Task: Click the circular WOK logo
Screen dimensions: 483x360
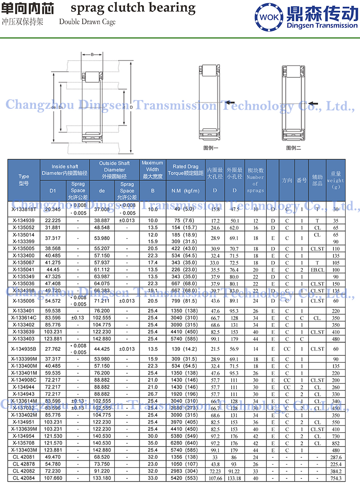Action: pyautogui.click(x=269, y=17)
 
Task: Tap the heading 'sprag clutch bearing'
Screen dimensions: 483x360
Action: pyautogui.click(x=133, y=8)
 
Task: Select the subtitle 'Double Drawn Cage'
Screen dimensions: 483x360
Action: pyautogui.click(x=87, y=22)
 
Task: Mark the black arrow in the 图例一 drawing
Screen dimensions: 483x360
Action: pyautogui.click(x=229, y=103)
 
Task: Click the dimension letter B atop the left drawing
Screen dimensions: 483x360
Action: pyautogui.click(x=92, y=54)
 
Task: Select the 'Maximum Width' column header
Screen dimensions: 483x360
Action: pyautogui.click(x=153, y=170)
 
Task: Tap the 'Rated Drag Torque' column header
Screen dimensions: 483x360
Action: pyautogui.click(x=185, y=170)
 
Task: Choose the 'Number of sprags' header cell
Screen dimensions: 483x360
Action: pyautogui.click(x=255, y=180)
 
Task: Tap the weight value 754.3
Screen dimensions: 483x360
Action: pyautogui.click(x=336, y=478)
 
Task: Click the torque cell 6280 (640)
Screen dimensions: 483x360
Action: pyautogui.click(x=185, y=443)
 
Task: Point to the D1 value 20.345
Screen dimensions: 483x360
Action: pyautogui.click(x=53, y=210)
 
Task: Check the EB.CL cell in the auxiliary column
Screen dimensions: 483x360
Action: pyautogui.click(x=317, y=269)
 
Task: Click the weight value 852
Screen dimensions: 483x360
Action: pyautogui.click(x=336, y=443)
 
